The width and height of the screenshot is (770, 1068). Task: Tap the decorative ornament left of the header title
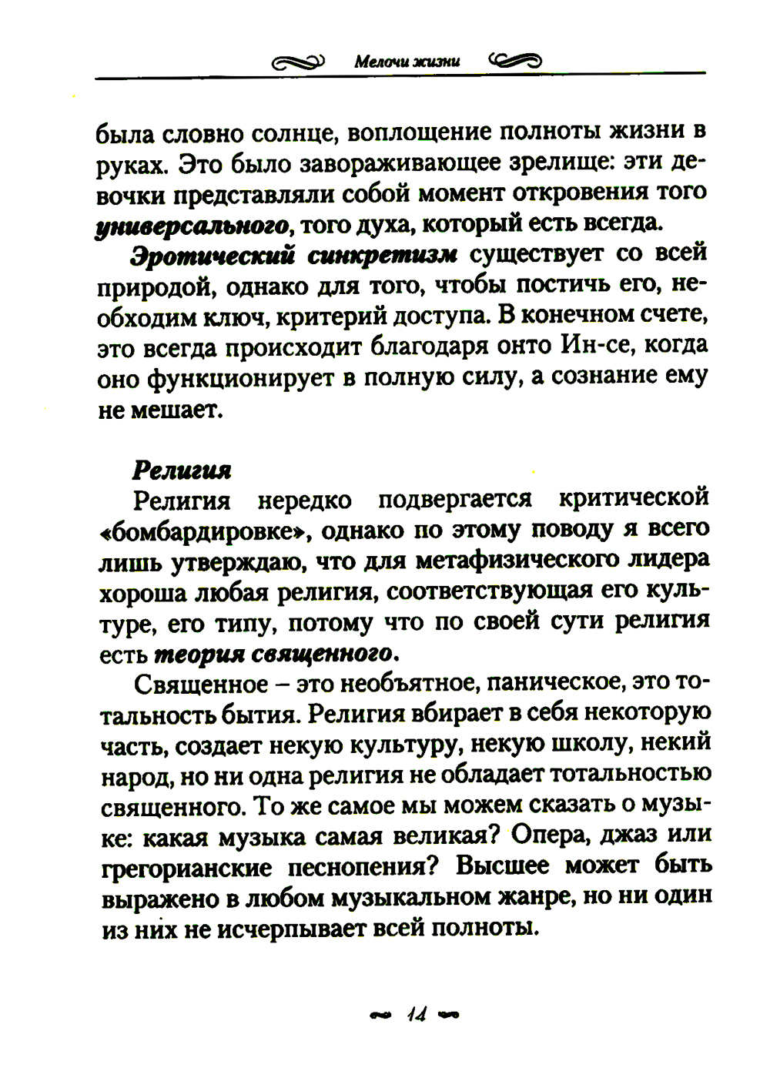coord(299,61)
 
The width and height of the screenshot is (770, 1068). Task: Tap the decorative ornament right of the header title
coord(515,60)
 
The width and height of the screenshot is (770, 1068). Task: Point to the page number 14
coord(417,1014)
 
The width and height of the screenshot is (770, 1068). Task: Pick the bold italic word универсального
coord(192,226)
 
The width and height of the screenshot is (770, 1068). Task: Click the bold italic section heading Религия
coord(182,470)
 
